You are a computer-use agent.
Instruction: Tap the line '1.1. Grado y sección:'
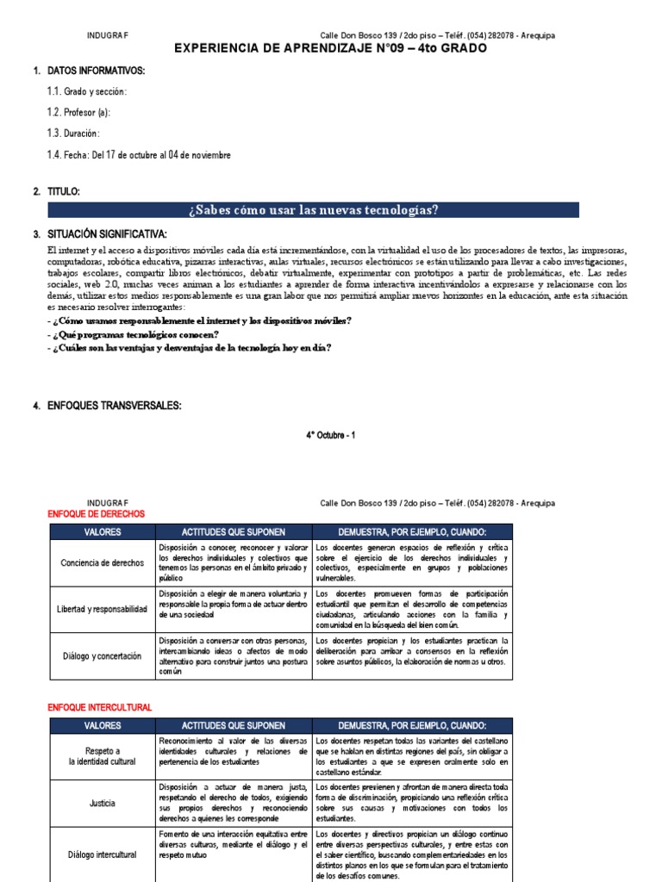coord(86,91)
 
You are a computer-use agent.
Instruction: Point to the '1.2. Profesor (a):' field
coord(78,112)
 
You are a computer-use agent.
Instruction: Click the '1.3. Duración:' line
coord(73,134)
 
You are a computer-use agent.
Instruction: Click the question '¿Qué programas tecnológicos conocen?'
coord(135,334)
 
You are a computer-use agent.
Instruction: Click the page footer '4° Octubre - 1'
coord(330,435)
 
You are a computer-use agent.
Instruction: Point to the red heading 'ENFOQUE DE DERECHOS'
coord(96,514)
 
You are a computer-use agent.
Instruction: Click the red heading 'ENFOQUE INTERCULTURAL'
coord(99,707)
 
